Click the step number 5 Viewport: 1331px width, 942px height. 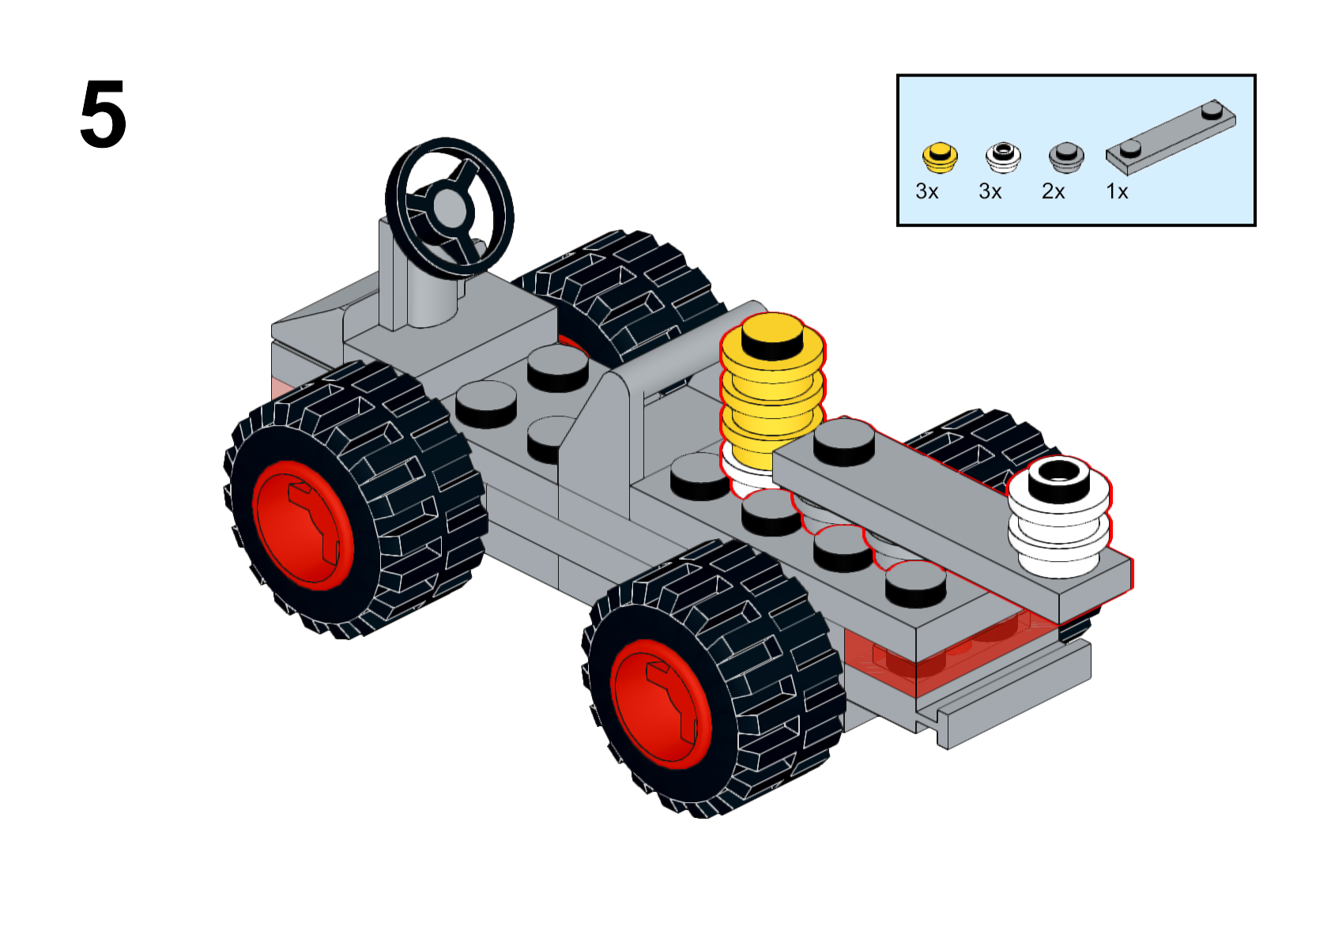[103, 115]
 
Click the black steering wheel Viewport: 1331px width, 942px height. [449, 207]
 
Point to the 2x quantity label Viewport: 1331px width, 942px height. [1053, 192]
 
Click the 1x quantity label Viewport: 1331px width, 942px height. [1117, 192]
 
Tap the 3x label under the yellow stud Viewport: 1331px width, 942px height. [926, 192]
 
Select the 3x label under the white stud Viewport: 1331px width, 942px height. [990, 192]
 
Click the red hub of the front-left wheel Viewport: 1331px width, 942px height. [303, 526]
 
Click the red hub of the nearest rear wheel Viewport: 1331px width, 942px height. [660, 703]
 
